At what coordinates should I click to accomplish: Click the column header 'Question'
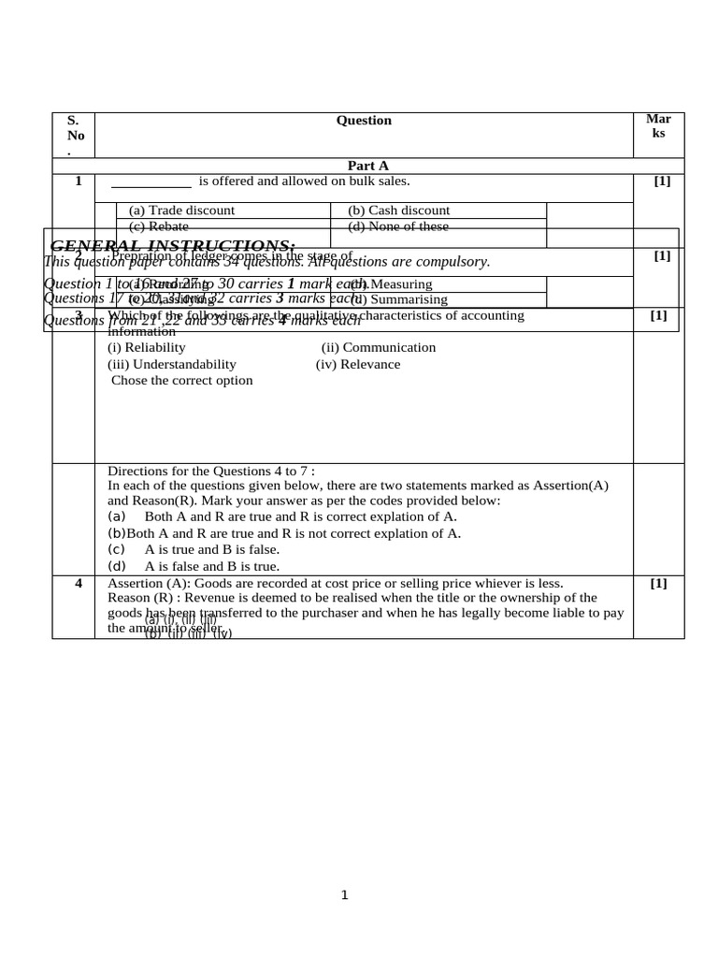click(364, 121)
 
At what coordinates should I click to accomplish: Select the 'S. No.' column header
click(74, 136)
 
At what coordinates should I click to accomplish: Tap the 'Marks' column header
click(658, 126)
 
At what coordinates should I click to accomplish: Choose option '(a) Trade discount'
click(181, 210)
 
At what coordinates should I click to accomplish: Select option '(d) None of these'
click(398, 226)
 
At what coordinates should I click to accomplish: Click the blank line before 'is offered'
click(151, 182)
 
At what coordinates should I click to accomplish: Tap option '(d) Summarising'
click(400, 299)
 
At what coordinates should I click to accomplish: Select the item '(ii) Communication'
click(379, 347)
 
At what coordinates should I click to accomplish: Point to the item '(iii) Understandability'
click(172, 364)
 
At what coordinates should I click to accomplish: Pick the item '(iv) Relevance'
click(358, 364)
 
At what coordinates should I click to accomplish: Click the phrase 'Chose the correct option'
click(182, 381)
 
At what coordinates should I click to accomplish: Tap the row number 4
click(79, 583)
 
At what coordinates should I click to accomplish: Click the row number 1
click(79, 181)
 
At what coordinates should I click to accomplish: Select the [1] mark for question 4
click(658, 583)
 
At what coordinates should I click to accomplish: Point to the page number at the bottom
click(344, 895)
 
